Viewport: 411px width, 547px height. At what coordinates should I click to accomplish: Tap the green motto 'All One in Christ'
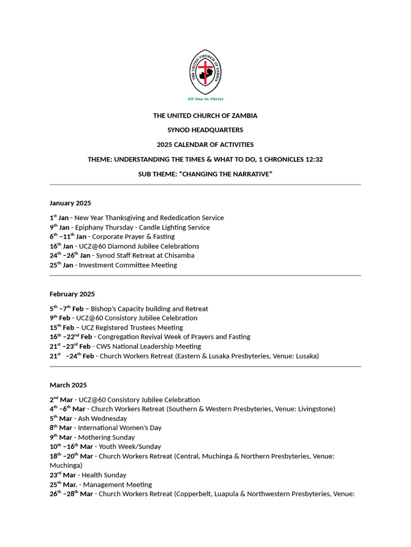tap(205, 99)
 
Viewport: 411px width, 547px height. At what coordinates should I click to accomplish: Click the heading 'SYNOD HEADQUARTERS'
tap(205, 130)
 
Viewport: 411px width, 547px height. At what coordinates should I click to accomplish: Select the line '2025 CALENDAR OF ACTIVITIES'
tap(205, 145)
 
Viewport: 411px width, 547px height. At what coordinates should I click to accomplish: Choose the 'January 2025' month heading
tap(70, 203)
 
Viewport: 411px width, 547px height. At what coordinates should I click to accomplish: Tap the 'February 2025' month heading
tap(72, 294)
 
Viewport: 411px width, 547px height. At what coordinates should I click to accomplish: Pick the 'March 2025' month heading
tap(68, 385)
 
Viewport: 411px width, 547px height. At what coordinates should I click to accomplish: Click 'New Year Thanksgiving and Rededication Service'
tap(149, 218)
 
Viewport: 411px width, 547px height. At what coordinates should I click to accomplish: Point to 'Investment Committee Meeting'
tap(128, 265)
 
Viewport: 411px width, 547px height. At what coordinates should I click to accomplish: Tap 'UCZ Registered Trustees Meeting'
tap(133, 327)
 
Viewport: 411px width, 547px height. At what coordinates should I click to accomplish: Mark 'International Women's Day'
tap(120, 428)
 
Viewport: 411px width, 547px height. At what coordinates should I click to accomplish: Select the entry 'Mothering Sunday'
tap(106, 437)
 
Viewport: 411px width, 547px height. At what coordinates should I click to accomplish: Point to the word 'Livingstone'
tap(314, 409)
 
